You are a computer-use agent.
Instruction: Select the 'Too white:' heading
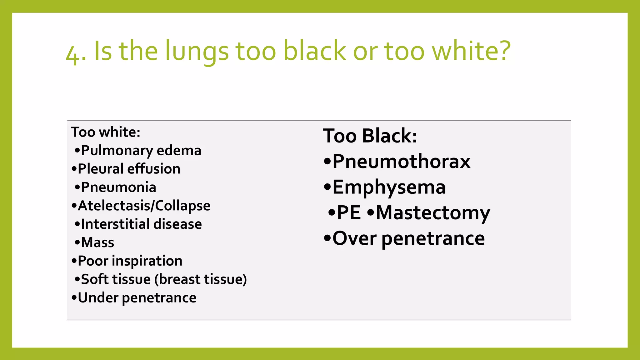pos(106,132)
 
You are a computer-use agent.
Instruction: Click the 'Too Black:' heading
pos(370,136)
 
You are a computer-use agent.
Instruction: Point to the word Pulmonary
pos(117,151)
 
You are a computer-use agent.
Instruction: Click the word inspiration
pos(151,261)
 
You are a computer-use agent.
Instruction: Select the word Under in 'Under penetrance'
pos(98,298)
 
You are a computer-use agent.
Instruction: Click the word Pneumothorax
pos(401,162)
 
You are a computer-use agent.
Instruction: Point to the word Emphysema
pos(389,187)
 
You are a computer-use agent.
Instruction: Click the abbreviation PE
pos(349,213)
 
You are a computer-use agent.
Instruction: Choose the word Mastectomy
pos(433,213)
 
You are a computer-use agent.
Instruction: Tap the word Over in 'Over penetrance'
pos(354,238)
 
